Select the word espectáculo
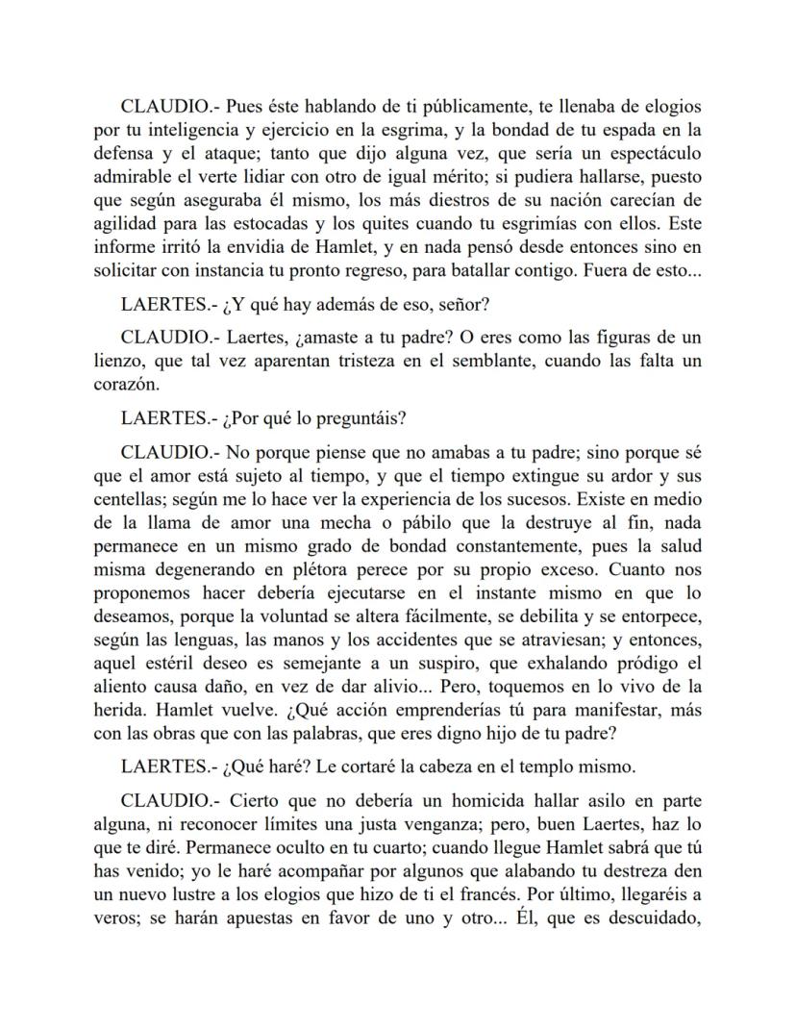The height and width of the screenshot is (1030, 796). pyautogui.click(x=647, y=154)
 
